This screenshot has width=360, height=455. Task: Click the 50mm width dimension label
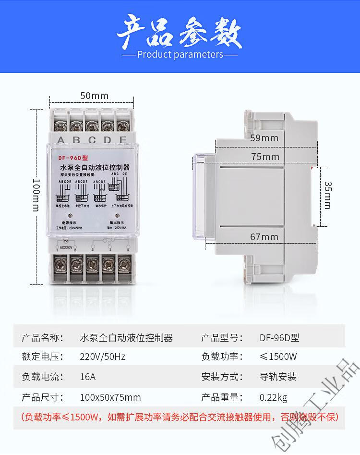[94, 96]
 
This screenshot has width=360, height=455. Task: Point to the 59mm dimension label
[264, 138]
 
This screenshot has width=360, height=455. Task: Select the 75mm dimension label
[264, 157]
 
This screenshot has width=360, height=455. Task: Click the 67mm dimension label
[264, 236]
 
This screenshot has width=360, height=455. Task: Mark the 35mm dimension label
[327, 195]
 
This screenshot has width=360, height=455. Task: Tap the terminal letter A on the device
[61, 140]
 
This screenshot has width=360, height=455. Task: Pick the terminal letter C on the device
[92, 140]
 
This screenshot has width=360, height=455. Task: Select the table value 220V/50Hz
[102, 357]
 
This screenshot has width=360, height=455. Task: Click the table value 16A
[87, 377]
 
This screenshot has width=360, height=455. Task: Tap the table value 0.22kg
[273, 397]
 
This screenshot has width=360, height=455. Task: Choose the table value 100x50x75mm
[110, 397]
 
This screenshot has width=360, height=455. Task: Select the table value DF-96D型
[279, 338]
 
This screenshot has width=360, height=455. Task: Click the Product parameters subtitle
[180, 54]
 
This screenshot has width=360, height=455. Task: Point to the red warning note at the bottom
[180, 417]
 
